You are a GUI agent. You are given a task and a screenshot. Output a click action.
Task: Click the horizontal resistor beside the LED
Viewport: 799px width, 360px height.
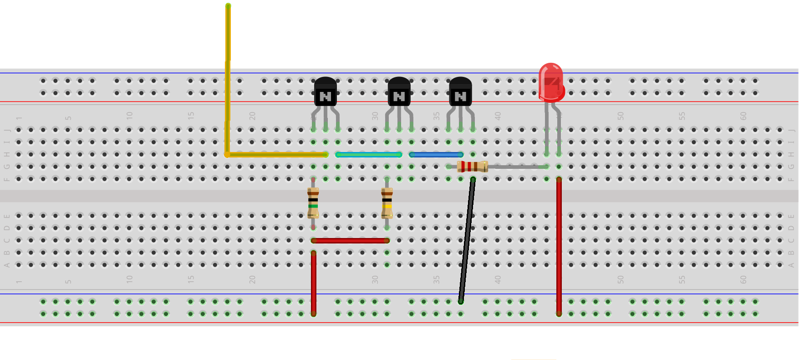(x=472, y=167)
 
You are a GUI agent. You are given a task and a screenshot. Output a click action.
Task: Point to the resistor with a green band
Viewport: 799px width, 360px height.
(x=313, y=202)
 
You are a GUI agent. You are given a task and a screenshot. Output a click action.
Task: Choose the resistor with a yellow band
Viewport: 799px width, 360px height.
(x=387, y=202)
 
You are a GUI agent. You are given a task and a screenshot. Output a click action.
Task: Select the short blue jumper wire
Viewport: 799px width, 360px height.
(x=436, y=155)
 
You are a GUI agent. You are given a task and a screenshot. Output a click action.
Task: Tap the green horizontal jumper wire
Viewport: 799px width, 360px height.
(x=369, y=155)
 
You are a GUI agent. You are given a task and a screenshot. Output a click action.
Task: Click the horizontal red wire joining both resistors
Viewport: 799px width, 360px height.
(x=350, y=240)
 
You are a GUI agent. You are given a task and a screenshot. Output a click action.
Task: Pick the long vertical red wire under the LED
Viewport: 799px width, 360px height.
(x=559, y=246)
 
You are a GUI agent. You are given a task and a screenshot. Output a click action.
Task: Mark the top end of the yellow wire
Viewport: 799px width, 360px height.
(x=228, y=6)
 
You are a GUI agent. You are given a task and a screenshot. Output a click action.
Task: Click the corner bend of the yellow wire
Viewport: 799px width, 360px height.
(x=227, y=155)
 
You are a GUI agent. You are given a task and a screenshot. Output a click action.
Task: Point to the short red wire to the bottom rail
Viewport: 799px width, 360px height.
(x=313, y=282)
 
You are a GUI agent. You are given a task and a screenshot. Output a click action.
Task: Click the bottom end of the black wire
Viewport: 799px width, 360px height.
(x=461, y=301)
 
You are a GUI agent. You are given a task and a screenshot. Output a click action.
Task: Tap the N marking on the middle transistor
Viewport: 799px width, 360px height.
(x=399, y=96)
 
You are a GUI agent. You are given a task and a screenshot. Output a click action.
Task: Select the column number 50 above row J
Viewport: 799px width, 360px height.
(x=621, y=116)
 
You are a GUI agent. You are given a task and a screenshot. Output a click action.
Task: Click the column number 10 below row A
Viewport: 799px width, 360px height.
(x=130, y=279)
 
